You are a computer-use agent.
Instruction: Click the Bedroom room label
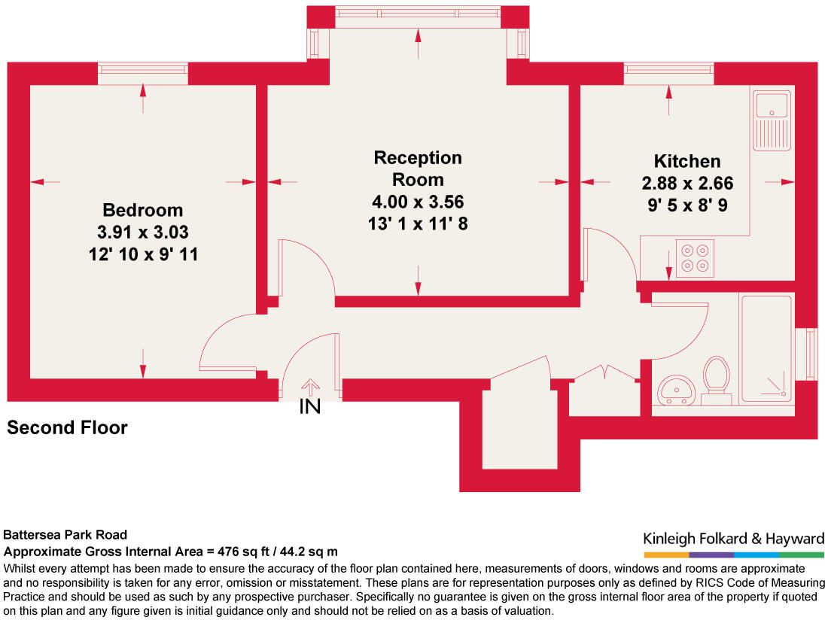click(x=143, y=210)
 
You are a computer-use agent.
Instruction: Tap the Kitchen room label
click(x=686, y=161)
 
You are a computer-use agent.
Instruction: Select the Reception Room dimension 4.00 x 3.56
click(x=418, y=202)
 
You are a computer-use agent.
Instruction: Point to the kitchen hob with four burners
click(x=695, y=257)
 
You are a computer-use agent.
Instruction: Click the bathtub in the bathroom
click(x=768, y=347)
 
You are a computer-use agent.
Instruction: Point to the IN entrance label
click(x=310, y=408)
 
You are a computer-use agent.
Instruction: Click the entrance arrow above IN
click(x=310, y=386)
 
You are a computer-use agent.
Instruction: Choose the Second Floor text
click(x=67, y=428)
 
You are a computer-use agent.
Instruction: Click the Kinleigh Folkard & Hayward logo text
click(x=733, y=538)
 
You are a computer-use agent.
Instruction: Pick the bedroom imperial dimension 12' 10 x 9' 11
click(x=143, y=255)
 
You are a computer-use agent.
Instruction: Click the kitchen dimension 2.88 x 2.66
click(x=686, y=183)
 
